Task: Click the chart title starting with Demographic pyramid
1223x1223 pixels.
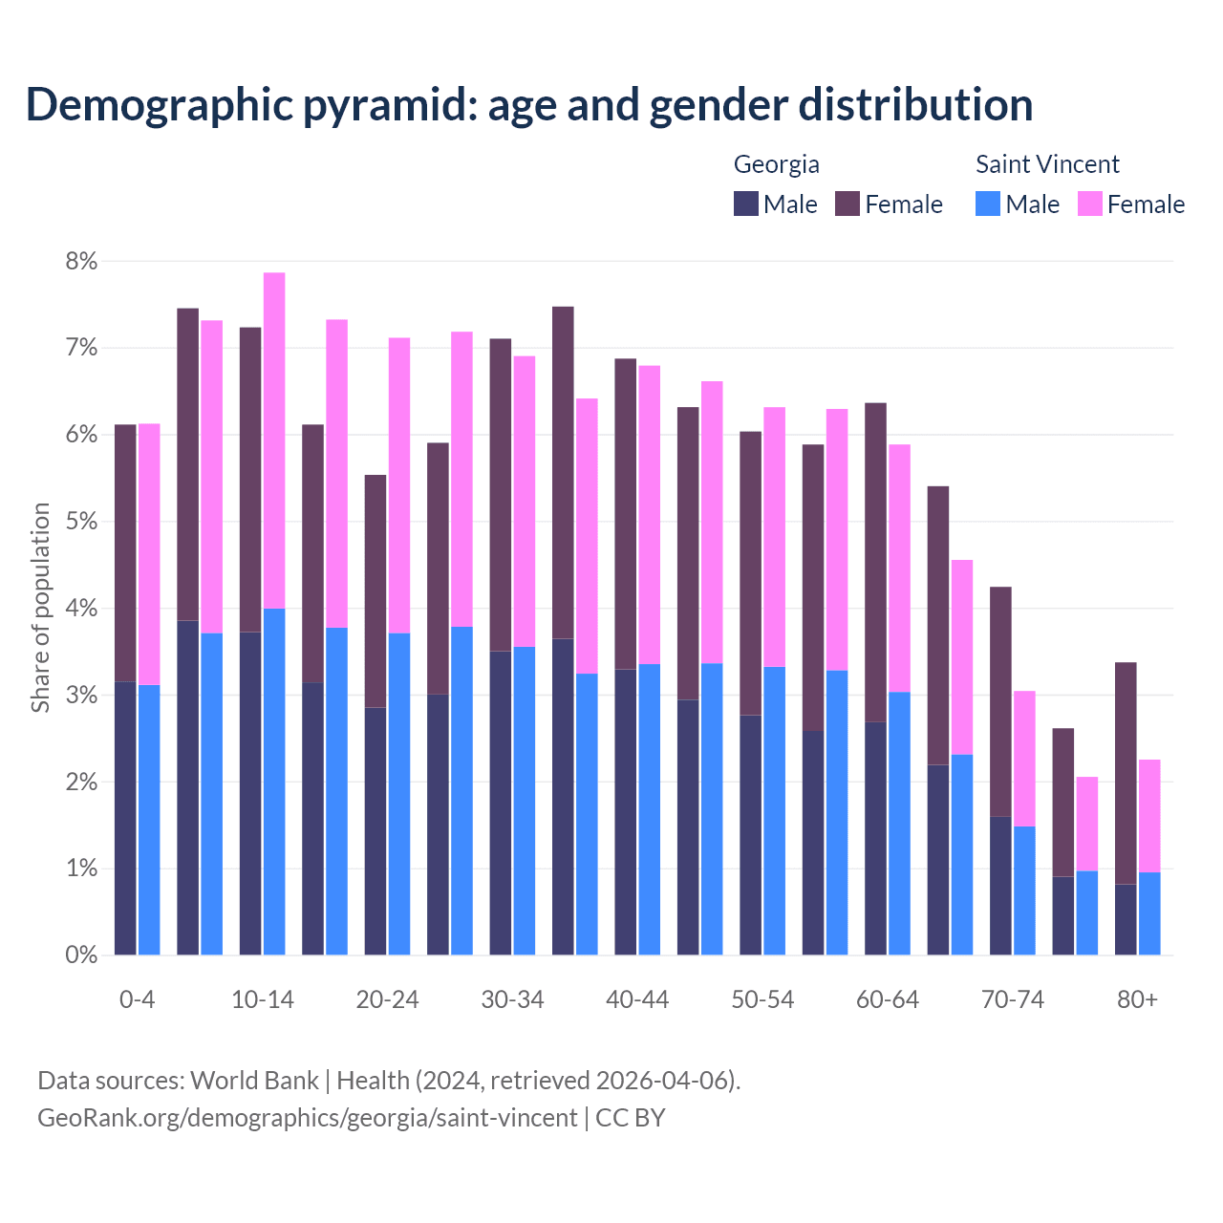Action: click(529, 105)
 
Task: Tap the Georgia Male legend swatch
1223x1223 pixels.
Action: click(746, 204)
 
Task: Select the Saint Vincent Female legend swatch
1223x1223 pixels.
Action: click(1089, 204)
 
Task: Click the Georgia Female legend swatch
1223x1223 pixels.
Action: click(848, 204)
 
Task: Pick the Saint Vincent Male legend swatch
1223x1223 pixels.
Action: click(988, 204)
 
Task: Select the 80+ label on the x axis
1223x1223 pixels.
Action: click(1137, 999)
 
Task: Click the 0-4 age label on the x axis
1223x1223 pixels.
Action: click(137, 999)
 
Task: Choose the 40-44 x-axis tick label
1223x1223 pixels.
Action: click(637, 999)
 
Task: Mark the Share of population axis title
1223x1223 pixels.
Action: click(40, 608)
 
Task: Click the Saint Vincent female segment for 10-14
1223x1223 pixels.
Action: click(274, 440)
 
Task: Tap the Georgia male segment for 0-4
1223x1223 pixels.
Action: click(125, 818)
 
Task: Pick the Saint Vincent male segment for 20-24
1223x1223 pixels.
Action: click(399, 793)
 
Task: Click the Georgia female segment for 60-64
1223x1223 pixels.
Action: click(875, 562)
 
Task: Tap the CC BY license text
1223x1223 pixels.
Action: click(631, 1118)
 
